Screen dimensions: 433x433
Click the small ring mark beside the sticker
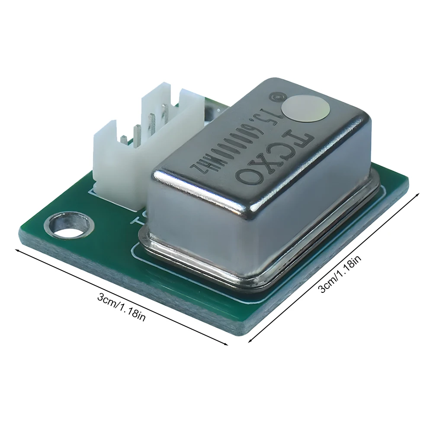pos(273,97)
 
